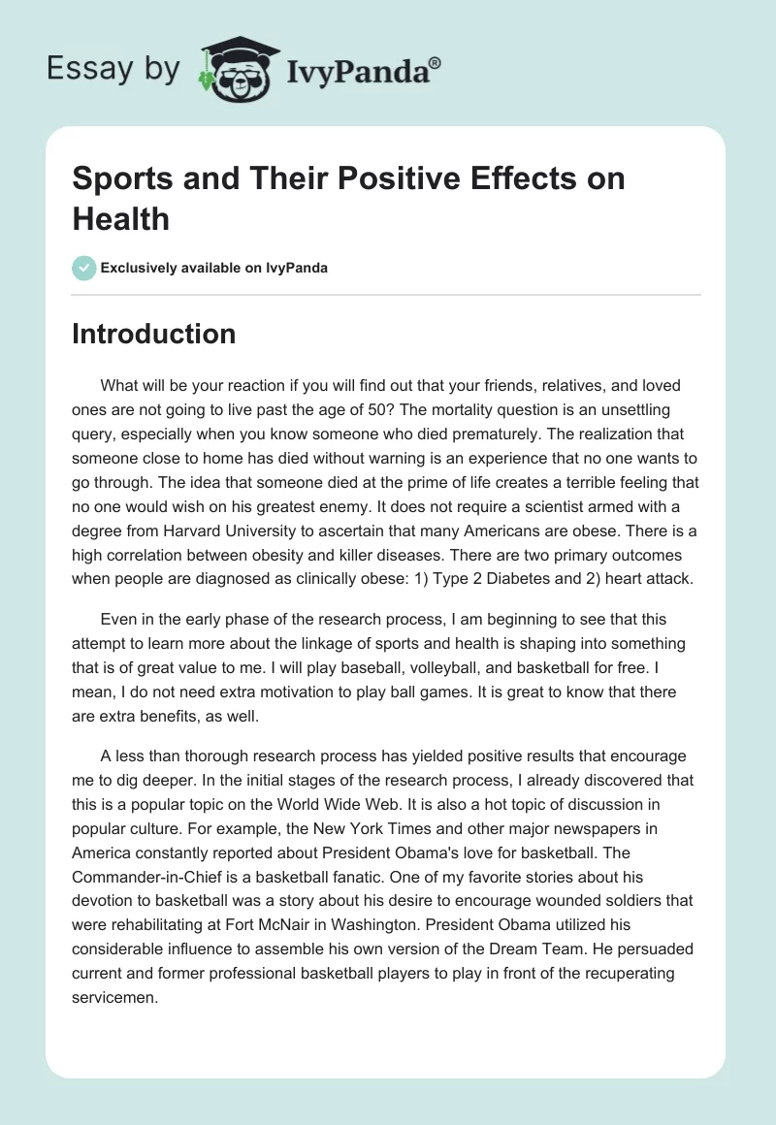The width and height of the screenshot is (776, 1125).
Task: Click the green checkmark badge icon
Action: [84, 268]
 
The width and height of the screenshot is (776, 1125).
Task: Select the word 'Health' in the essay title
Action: [121, 218]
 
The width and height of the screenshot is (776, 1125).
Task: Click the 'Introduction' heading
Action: [154, 334]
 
